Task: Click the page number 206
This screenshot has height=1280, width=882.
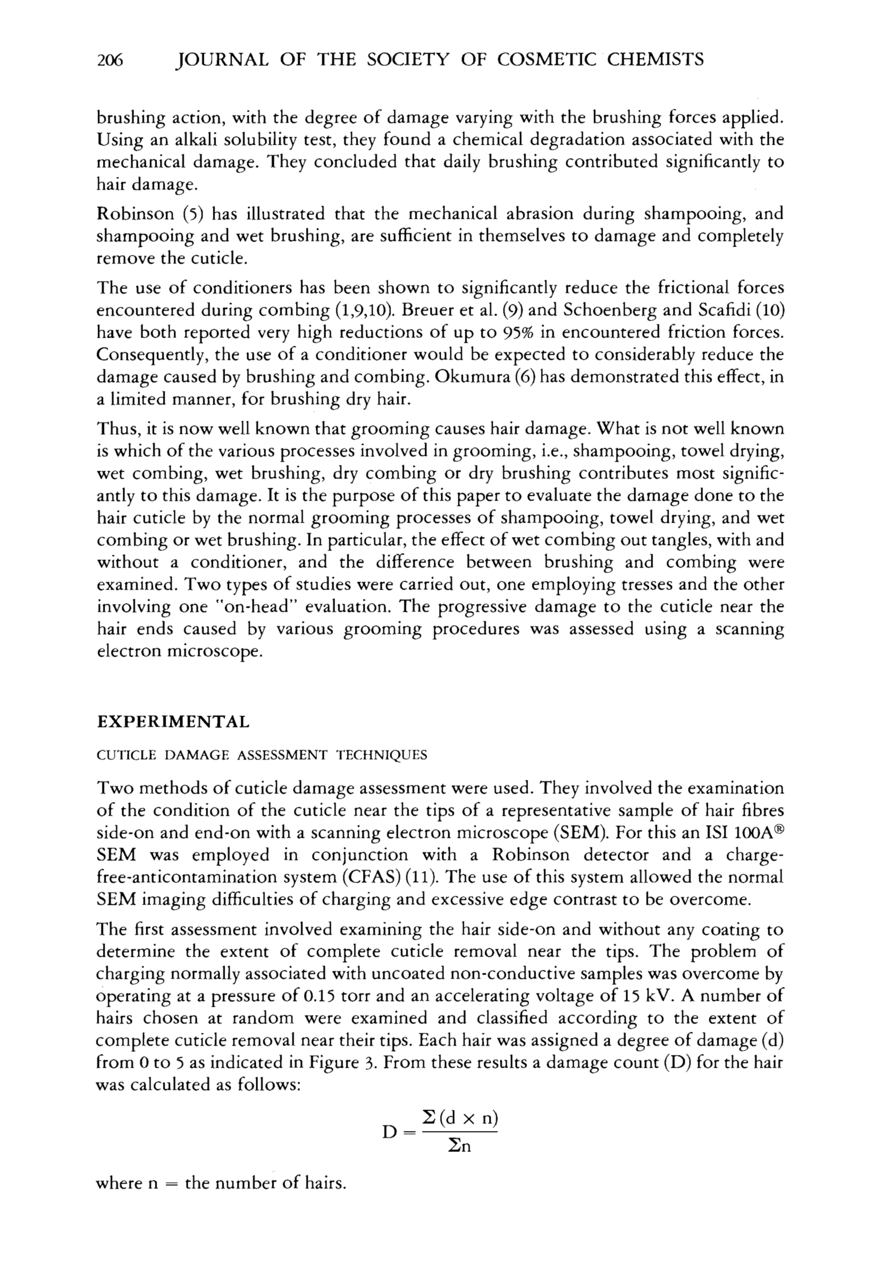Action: (110, 59)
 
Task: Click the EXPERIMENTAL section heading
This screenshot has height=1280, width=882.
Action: (173, 722)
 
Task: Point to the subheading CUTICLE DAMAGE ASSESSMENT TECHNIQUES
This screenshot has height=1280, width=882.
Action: (262, 755)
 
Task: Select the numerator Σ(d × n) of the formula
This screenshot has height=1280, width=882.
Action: (460, 1120)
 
